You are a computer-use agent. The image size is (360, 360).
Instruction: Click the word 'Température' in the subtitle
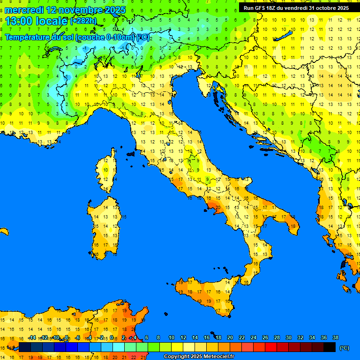[x=27, y=37]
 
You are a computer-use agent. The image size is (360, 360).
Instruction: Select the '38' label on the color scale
[x=335, y=338]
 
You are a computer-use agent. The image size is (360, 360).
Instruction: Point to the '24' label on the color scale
[x=253, y=338]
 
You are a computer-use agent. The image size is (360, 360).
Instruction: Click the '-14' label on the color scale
[x=32, y=338]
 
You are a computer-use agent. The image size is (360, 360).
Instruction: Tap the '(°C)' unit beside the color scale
[x=344, y=348]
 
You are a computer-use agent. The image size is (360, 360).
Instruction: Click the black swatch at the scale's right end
[x=330, y=347]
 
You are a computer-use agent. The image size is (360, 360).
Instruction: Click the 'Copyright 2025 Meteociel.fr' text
[x=199, y=356]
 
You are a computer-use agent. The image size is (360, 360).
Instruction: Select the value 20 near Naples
[x=218, y=207]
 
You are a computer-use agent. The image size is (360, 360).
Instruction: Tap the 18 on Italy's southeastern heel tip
[x=293, y=226]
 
